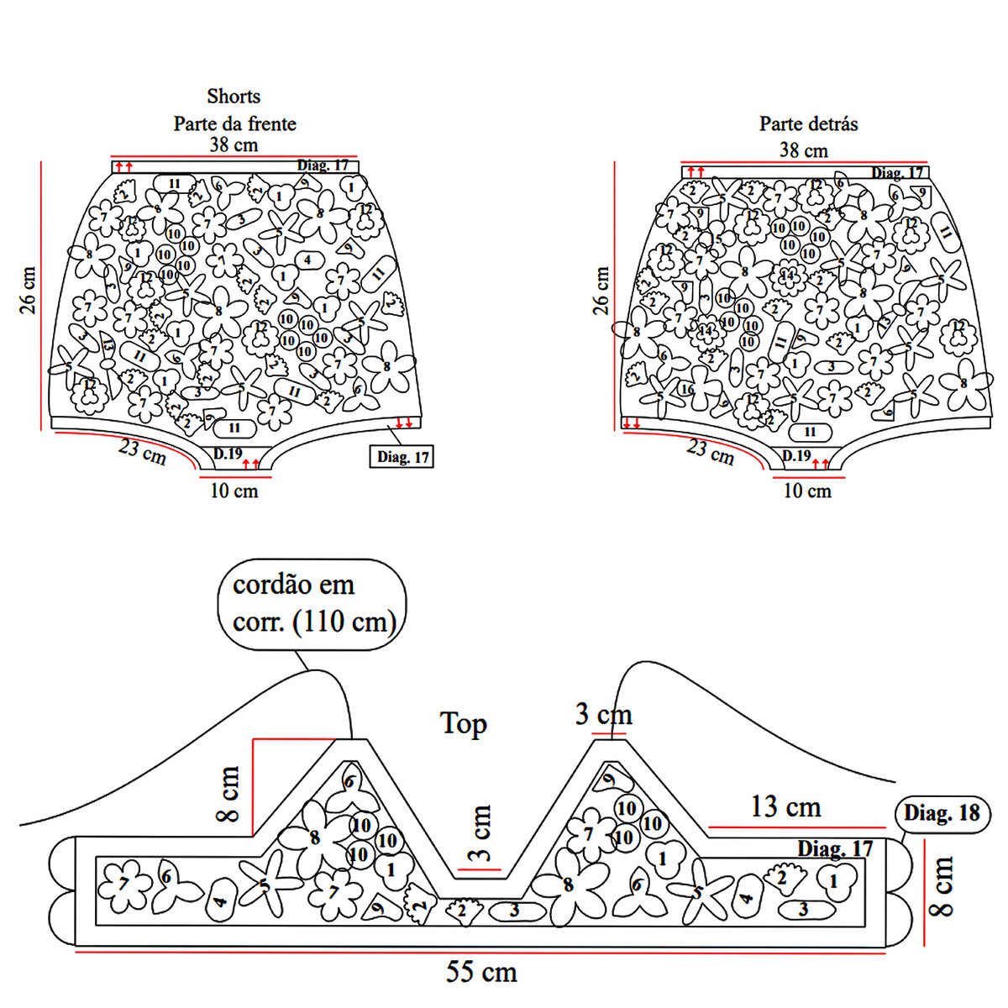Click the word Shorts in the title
(x=234, y=97)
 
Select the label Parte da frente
(x=234, y=123)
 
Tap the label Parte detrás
(x=808, y=123)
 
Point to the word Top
(x=463, y=723)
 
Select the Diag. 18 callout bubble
(x=942, y=813)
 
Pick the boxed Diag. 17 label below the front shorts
(x=402, y=457)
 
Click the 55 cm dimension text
(x=481, y=973)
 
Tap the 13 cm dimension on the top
(x=785, y=807)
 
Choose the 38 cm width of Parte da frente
(x=234, y=144)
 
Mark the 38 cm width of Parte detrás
(x=803, y=150)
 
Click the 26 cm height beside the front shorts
(x=26, y=290)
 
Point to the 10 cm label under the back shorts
(x=806, y=491)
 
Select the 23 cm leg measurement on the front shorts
(x=142, y=452)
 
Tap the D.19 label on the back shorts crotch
(x=796, y=456)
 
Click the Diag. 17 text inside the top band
(x=835, y=848)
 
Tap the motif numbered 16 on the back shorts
(x=687, y=390)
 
